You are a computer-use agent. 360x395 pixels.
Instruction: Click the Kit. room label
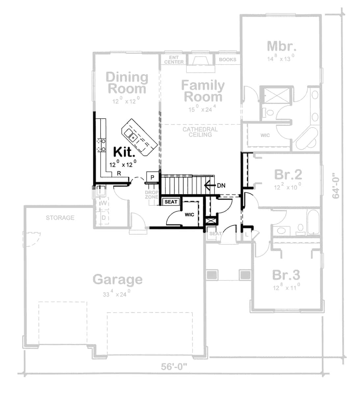124,152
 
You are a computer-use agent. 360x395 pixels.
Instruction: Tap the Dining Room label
127,83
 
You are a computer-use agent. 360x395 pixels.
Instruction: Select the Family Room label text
203,91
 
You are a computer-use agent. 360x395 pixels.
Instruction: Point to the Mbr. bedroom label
279,46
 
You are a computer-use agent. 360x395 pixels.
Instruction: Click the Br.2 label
288,175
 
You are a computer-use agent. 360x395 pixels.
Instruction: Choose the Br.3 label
286,275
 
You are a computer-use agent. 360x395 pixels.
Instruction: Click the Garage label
118,279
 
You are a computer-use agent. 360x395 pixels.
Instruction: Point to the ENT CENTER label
174,60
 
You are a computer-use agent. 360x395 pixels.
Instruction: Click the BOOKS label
227,60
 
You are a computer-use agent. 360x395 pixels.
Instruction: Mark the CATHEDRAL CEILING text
200,132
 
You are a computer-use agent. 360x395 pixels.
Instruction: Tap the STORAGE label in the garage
60,218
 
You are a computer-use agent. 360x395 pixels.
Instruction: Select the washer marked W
103,203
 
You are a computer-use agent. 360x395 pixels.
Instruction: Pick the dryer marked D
103,218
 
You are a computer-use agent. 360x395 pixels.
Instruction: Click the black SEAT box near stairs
171,202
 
